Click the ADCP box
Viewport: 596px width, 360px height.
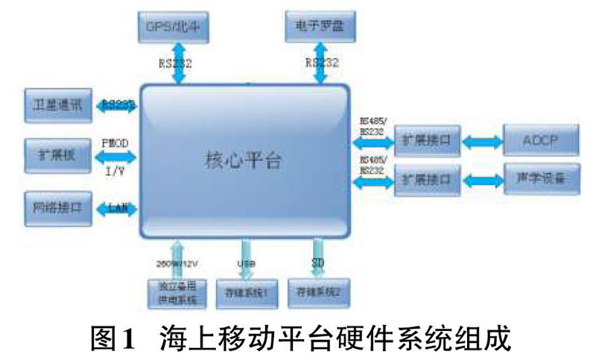pyautogui.click(x=541, y=139)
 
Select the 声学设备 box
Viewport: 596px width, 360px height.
pyautogui.click(x=541, y=180)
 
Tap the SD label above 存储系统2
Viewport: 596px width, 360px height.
pyautogui.click(x=317, y=262)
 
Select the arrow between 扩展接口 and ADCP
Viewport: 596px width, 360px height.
pyautogui.click(x=482, y=140)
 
